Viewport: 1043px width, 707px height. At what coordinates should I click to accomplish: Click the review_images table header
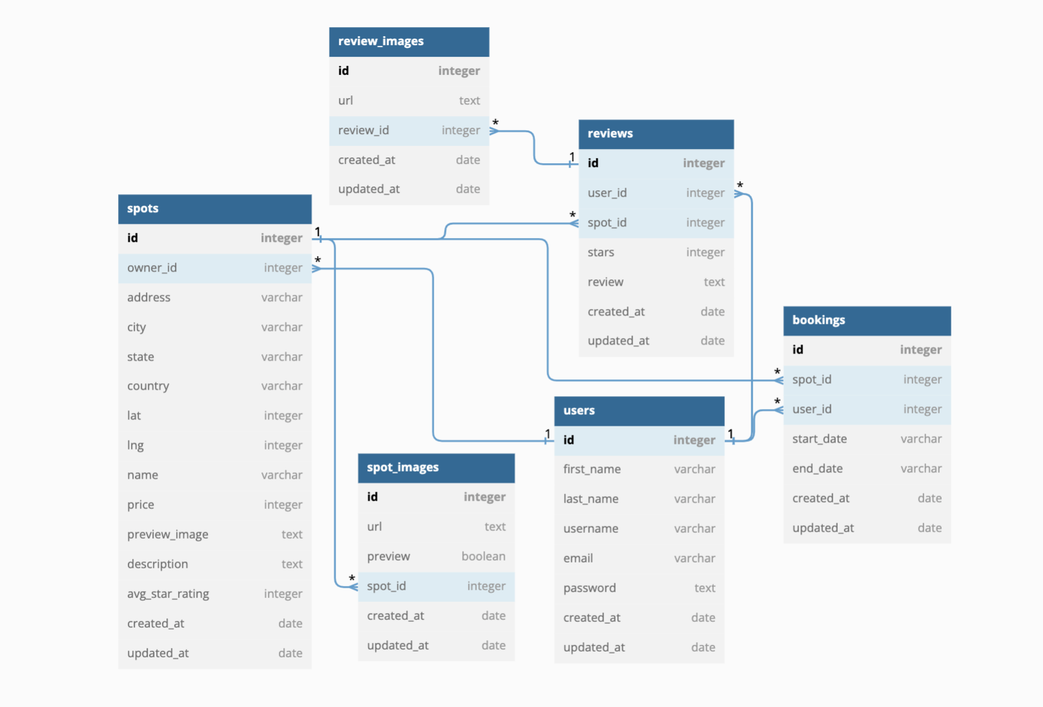point(409,41)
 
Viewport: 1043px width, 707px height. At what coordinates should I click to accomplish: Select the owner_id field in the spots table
point(152,268)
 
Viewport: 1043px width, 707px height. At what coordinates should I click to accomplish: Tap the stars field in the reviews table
point(601,252)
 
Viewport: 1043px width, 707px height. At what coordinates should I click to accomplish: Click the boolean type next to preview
point(483,556)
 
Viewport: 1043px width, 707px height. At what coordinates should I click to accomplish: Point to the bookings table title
point(818,320)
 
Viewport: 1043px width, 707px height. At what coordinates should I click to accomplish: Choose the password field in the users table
point(589,588)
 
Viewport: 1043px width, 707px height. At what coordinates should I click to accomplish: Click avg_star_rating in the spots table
point(168,593)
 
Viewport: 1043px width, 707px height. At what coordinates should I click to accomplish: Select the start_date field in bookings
point(819,439)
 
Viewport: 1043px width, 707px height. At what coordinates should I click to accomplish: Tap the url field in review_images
point(345,101)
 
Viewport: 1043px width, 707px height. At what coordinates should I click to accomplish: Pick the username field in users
point(591,528)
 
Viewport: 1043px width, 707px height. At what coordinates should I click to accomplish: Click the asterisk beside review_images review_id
point(496,123)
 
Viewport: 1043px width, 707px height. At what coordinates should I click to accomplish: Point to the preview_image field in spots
point(168,534)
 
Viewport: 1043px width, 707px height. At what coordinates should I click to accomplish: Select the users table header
point(639,410)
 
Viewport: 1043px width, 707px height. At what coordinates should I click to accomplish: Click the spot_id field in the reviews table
point(607,223)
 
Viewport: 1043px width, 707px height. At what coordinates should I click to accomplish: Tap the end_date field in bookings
point(817,468)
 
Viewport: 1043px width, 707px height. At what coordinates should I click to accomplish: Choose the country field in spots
point(148,386)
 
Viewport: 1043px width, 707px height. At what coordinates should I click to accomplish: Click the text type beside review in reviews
point(714,282)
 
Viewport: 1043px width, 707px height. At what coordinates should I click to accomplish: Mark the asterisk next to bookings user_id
point(777,402)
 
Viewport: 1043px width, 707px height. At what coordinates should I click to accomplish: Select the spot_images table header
point(436,468)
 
